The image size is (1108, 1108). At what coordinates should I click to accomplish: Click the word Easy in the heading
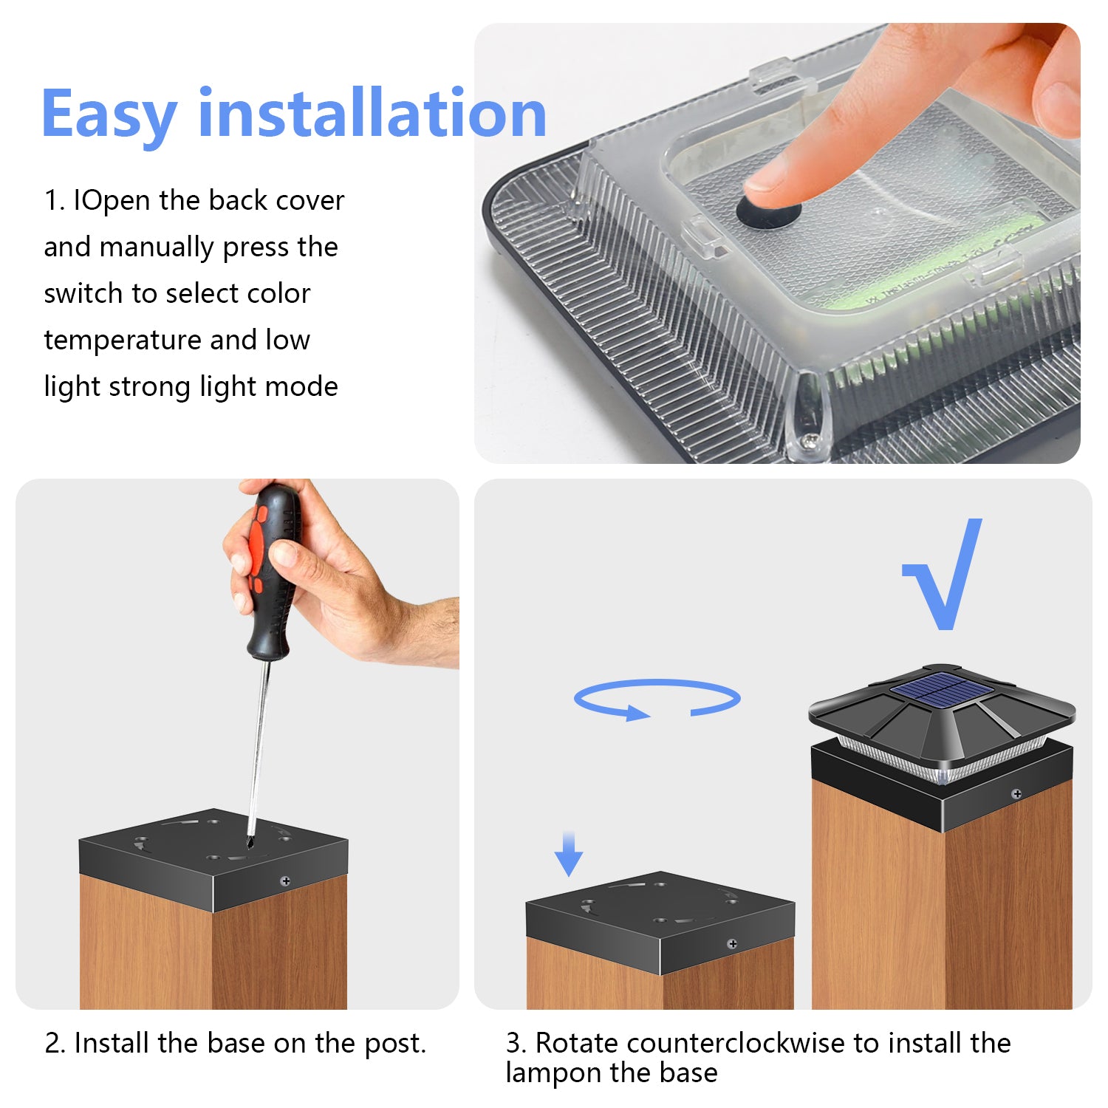coord(109,114)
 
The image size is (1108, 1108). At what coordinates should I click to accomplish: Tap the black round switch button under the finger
coord(768,213)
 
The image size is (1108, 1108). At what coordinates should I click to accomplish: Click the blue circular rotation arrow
coord(657,699)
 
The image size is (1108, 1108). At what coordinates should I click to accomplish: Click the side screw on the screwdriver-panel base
coord(286,881)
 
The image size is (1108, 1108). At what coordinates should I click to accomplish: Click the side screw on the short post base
coord(732,944)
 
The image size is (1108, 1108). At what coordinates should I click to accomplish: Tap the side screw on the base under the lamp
coord(1016,794)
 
